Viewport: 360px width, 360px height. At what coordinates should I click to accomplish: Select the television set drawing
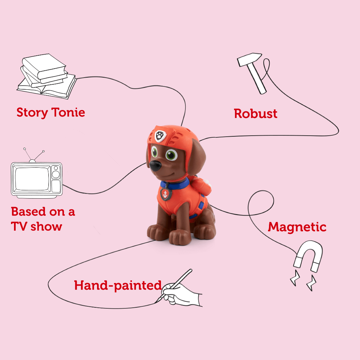[x=37, y=178]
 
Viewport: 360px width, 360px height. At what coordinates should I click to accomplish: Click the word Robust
[x=256, y=114]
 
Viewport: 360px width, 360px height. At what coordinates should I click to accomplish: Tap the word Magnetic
[x=297, y=227]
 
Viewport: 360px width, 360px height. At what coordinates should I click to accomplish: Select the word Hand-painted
[x=118, y=285]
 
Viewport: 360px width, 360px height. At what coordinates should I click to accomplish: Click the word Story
[x=32, y=112]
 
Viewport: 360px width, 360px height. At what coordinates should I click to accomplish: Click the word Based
[x=28, y=212]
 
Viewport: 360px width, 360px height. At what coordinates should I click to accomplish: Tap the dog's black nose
[x=155, y=166]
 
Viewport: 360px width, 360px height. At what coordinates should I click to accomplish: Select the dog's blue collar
[x=180, y=184]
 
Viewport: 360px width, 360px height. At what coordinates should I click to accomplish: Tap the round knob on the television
[x=56, y=174]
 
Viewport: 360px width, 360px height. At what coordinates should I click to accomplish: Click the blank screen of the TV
[x=31, y=179]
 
